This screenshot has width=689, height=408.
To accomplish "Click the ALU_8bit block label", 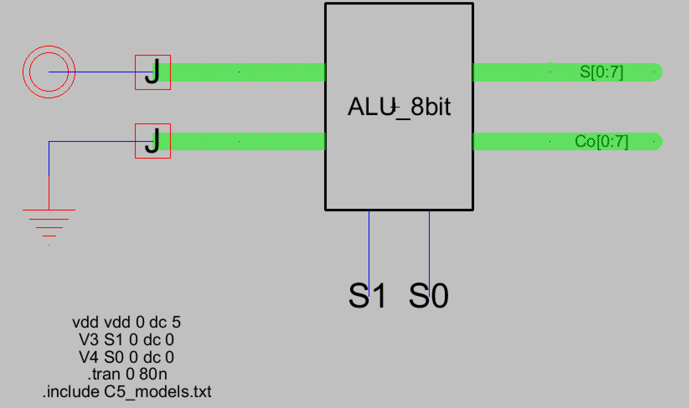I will click(399, 107).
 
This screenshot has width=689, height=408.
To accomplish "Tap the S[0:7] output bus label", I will click(601, 72).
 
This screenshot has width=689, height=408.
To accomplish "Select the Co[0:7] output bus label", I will click(601, 141).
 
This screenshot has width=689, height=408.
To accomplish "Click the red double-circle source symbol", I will click(49, 72).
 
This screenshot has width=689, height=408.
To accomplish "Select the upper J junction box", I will click(152, 72).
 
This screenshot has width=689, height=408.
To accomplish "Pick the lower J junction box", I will click(152, 141).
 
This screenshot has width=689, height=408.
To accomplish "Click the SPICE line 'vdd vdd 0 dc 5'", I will click(126, 322).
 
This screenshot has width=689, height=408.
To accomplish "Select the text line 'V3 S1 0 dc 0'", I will click(126, 340).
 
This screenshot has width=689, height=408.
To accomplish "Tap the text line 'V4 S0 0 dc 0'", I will click(126, 357).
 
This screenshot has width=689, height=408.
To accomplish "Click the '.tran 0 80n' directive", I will click(127, 374).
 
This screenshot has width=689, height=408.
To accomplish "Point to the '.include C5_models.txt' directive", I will click(127, 392).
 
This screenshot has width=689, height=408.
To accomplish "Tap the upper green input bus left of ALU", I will click(247, 72).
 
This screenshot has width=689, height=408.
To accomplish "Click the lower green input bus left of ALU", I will click(247, 141).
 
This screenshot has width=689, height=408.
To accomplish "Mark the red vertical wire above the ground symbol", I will click(49, 192).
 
